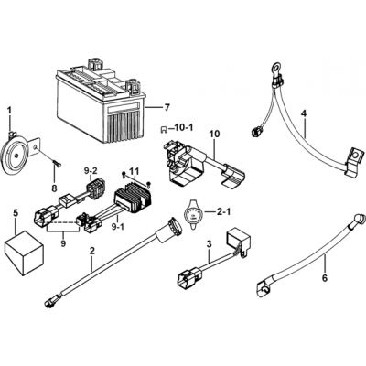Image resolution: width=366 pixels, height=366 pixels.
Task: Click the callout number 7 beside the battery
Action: coord(167,108)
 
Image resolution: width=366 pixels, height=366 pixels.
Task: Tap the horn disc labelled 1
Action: coord(15,156)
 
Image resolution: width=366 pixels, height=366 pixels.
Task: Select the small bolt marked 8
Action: coord(57,164)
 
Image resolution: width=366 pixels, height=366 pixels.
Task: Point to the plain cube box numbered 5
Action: coord(25,249)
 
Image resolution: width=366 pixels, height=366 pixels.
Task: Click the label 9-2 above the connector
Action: coord(91,171)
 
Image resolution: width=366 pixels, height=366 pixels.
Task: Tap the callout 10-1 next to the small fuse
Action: coord(185,128)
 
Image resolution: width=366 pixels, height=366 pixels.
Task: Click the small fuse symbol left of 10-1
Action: coord(164,130)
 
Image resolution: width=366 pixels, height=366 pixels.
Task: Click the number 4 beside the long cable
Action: coord(304,113)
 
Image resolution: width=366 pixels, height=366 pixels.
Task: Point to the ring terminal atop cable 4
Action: coord(277,66)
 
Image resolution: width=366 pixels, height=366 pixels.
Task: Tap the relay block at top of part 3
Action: coord(238,239)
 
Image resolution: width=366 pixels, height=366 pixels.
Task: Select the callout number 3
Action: coord(209,244)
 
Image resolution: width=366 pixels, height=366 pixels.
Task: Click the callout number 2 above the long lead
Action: coord(91,251)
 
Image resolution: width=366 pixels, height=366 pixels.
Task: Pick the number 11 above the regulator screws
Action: coord(134,171)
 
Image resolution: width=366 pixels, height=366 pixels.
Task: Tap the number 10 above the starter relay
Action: coord(215,134)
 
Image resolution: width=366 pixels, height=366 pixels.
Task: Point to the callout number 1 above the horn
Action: coord(10,110)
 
